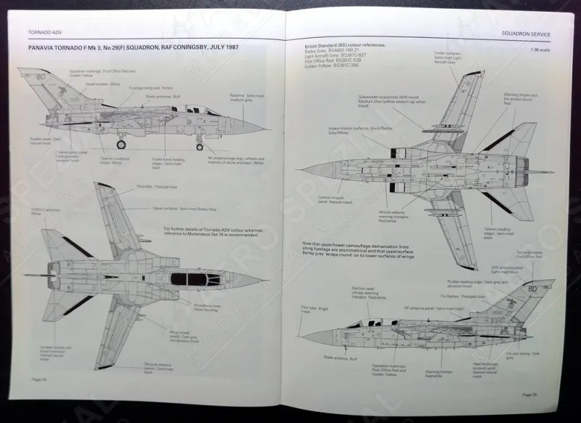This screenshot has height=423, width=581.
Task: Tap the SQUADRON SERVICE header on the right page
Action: pos(526,34)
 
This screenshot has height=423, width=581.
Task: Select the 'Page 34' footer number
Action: pos(39,379)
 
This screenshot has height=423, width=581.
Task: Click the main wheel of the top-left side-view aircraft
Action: pos(121,145)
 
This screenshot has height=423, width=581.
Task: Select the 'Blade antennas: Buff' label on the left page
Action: pos(161,95)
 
